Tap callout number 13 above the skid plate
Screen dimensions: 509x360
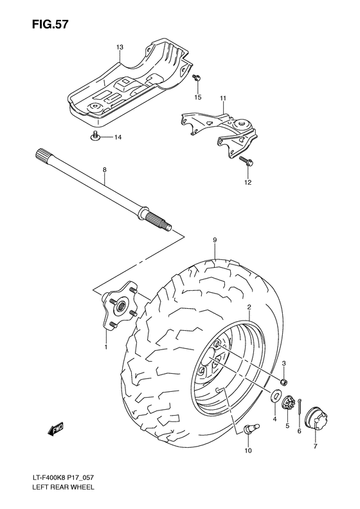pos(120,48)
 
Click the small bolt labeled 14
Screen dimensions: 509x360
pos(94,136)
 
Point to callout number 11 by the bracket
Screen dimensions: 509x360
pos(223,98)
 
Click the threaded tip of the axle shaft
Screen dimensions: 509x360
pos(168,226)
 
